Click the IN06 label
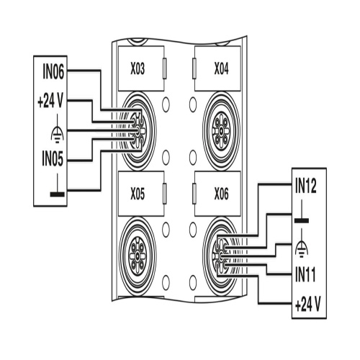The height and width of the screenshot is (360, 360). (x=53, y=71)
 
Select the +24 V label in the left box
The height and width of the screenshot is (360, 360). (x=50, y=101)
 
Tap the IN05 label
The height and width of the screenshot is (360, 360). (x=53, y=158)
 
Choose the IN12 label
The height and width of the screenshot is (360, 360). (x=306, y=186)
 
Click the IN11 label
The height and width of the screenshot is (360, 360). (x=305, y=274)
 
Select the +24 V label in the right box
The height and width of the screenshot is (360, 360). (x=308, y=304)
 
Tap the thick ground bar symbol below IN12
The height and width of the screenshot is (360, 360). (x=302, y=212)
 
